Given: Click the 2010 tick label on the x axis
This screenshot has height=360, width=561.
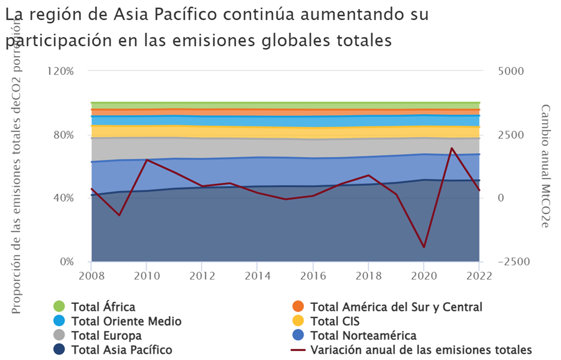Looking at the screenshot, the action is (x=147, y=276).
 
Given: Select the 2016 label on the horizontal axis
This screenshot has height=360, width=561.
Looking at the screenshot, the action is (x=313, y=276).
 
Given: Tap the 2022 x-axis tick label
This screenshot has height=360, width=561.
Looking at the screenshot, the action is (x=479, y=276).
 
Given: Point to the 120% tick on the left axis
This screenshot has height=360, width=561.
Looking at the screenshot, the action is (x=60, y=71).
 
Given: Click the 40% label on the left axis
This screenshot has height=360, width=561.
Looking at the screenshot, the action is (x=64, y=197).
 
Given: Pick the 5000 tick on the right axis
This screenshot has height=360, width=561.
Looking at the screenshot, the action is (x=511, y=71).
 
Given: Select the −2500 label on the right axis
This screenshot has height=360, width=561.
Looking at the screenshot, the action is (x=514, y=262).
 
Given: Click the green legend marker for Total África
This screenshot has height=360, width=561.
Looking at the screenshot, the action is (x=59, y=306).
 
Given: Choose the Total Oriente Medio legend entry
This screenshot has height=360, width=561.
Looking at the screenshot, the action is (x=118, y=321).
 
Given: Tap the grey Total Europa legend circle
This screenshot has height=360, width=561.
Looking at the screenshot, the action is (x=59, y=335).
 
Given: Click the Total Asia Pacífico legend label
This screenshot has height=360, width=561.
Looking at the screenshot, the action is (x=122, y=349).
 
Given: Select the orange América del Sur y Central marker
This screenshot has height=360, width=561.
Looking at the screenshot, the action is (x=298, y=306).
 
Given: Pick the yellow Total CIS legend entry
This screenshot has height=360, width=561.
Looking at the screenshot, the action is (x=326, y=321).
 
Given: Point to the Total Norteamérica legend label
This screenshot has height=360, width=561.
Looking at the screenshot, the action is (x=363, y=335).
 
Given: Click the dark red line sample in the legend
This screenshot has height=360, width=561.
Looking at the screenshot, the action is (x=298, y=349).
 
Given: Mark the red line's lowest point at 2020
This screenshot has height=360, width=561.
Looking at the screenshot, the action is (x=424, y=247).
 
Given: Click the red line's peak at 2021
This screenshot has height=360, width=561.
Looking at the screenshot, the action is (x=452, y=148).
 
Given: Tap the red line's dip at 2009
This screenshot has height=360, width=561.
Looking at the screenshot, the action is (x=119, y=215).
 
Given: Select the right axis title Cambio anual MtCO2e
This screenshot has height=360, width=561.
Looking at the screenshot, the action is (x=544, y=166).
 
